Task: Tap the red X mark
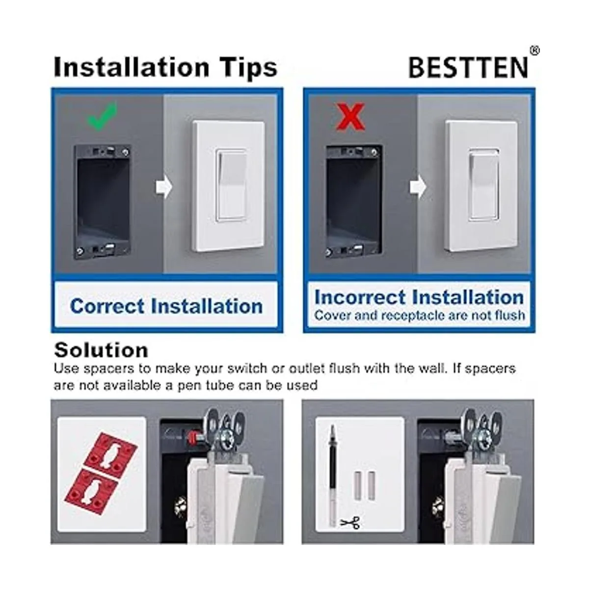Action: [350, 116]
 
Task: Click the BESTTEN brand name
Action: [468, 67]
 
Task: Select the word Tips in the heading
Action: [249, 67]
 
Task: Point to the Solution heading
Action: [101, 350]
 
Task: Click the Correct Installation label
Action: [166, 306]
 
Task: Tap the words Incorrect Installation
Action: [419, 297]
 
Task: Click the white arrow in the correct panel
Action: [164, 187]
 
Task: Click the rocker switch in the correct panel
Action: [231, 186]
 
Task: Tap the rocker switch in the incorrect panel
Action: [483, 186]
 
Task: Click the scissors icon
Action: [349, 523]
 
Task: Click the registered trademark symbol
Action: [535, 51]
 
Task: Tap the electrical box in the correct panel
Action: [103, 201]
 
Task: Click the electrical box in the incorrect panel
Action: [353, 201]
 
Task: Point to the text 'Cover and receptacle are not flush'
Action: [420, 315]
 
